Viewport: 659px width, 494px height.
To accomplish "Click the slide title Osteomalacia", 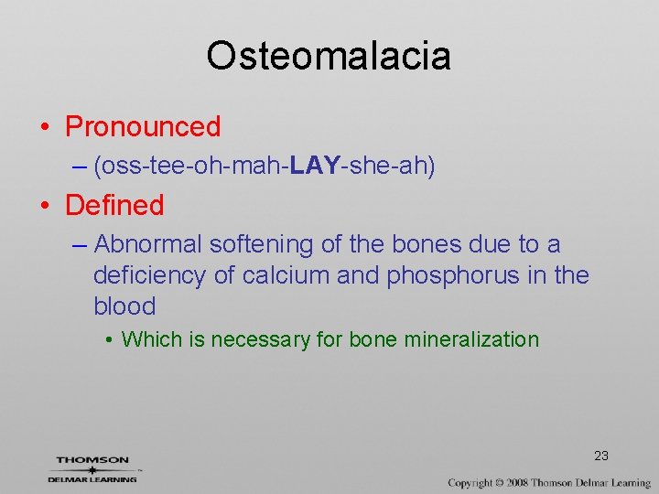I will pyautogui.click(x=329, y=56).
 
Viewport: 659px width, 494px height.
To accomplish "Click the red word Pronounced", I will pyautogui.click(x=143, y=126).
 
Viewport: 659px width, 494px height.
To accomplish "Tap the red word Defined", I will pyautogui.click(x=114, y=205).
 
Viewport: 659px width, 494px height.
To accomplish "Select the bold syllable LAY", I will pyautogui.click(x=314, y=166).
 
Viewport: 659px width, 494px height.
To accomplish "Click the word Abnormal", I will pyautogui.click(x=147, y=244).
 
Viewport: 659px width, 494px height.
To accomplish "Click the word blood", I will pyautogui.click(x=124, y=306).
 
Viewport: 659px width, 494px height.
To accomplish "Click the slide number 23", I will pyautogui.click(x=600, y=456).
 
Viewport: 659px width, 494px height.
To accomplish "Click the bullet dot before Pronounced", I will pyautogui.click(x=46, y=127).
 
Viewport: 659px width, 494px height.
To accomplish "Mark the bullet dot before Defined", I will pyautogui.click(x=46, y=206).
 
